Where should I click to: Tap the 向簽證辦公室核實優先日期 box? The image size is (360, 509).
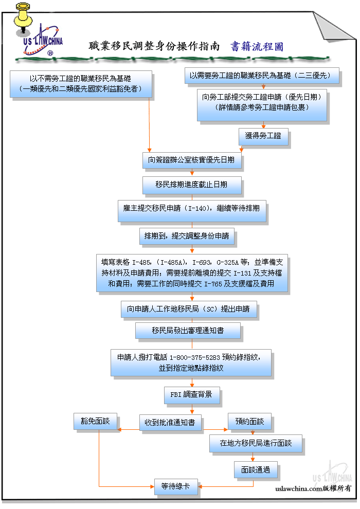coord(191,160)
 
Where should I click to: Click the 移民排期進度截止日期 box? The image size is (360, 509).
coord(191,185)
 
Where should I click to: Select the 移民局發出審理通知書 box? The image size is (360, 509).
coord(188,330)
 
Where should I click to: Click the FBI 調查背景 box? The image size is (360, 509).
coord(191,395)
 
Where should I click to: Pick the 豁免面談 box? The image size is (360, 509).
coord(95,421)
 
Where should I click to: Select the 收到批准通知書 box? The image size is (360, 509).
coord(170,423)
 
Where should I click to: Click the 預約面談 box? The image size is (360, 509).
coord(249,422)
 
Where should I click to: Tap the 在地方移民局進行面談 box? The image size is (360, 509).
coord(255,444)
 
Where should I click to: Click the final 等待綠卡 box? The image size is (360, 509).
coord(176,486)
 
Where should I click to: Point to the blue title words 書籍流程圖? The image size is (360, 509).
coord(256,47)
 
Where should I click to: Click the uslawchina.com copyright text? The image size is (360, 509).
coord(313,488)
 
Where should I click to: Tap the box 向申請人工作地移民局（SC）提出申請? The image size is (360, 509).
coord(188,309)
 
